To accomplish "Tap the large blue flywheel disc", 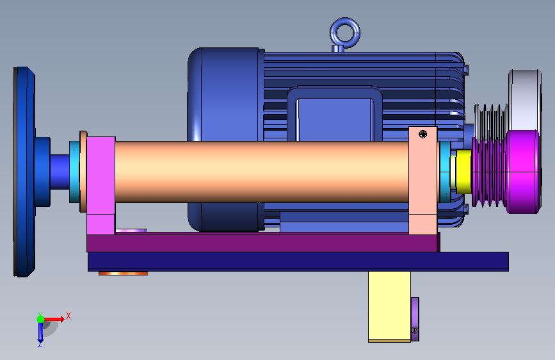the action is (x=24, y=172).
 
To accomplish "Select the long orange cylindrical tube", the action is (x=262, y=172).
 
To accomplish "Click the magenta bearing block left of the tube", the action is (x=101, y=185).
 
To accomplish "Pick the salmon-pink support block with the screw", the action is (x=422, y=180).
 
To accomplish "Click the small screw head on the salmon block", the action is (x=422, y=134).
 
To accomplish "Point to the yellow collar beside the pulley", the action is (x=463, y=172).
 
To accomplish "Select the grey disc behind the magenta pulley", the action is (x=526, y=100).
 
